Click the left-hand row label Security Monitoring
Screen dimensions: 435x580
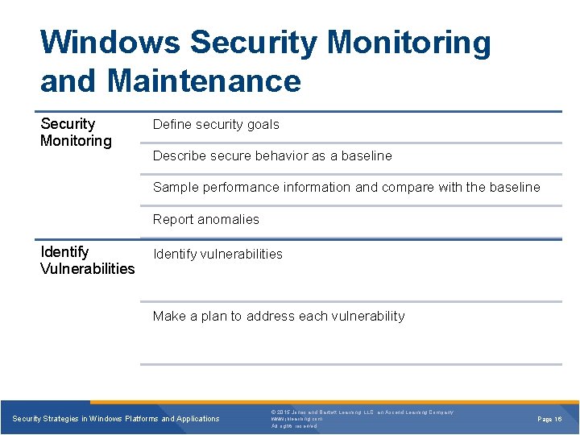tap(76, 132)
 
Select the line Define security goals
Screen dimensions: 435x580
tap(216, 124)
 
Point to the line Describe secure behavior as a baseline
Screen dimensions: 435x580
tap(272, 155)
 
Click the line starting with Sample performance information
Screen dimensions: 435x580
tap(346, 187)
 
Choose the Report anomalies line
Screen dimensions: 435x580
tap(206, 219)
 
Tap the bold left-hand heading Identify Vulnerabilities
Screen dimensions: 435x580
tap(87, 260)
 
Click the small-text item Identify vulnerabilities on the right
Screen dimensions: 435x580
tap(217, 254)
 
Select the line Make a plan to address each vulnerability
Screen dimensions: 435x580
tap(279, 316)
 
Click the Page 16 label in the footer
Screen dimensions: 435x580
tap(549, 419)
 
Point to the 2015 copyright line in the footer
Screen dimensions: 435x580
tap(362, 412)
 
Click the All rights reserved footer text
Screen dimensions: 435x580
tap(294, 426)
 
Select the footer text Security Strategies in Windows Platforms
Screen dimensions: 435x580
tap(116, 419)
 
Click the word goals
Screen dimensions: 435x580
tap(264, 124)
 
